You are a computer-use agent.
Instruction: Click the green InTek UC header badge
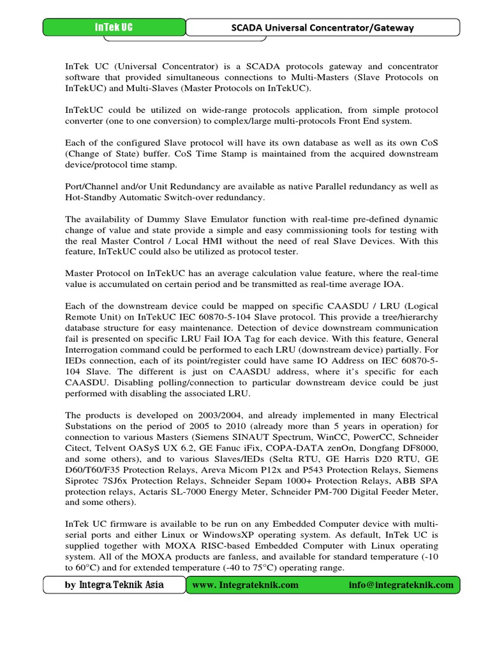coord(114,27)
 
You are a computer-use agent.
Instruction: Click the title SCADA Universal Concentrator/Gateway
coord(322,27)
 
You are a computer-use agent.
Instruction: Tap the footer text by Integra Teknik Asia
coord(114,585)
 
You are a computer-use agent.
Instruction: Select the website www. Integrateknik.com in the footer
coord(245,585)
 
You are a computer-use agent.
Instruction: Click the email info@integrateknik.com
coord(401,585)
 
